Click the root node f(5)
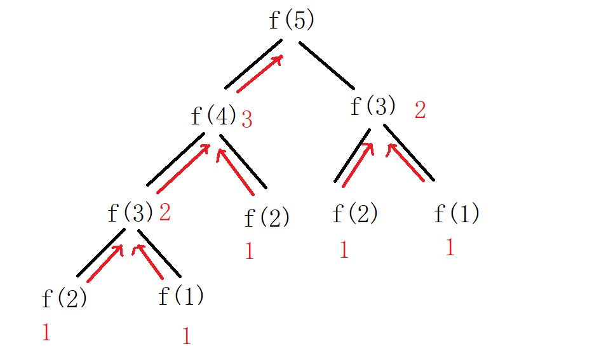[x=292, y=20]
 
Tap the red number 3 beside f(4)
[x=246, y=120]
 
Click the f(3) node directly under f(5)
[x=373, y=106]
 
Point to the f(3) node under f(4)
[x=130, y=212]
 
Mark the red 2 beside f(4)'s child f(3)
[x=165, y=213]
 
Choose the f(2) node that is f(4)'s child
[x=267, y=218]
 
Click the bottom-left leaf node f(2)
[x=64, y=298]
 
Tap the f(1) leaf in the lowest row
[x=181, y=296]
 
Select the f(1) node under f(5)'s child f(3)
[x=457, y=213]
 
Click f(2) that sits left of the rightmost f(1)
[x=355, y=213]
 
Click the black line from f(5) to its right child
[x=326, y=65]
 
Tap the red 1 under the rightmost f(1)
[x=450, y=247]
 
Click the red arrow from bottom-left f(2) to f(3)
[x=104, y=263]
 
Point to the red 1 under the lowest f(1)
[x=186, y=336]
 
